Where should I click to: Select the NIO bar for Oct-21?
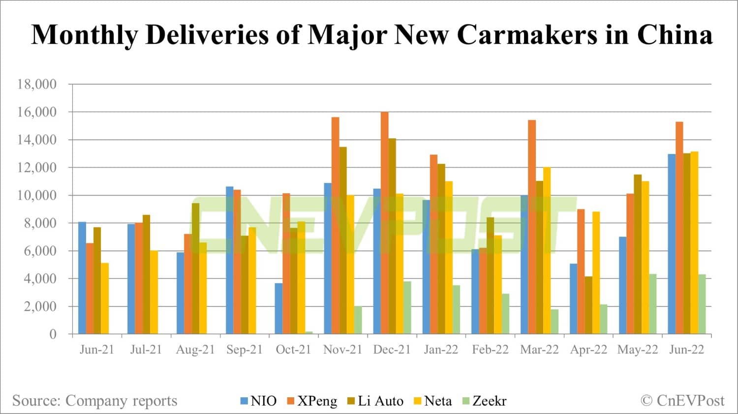[x=278, y=308]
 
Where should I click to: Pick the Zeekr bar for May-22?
[x=652, y=304]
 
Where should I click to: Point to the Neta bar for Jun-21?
[x=105, y=298]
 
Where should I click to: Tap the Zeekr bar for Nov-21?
[x=358, y=320]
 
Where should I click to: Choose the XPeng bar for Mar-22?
[x=532, y=227]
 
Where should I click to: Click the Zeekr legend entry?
[x=484, y=401]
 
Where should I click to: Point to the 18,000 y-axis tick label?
[x=37, y=84]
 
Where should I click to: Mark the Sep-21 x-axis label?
[x=245, y=350]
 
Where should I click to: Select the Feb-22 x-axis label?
[x=490, y=350]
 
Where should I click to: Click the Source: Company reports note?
[x=94, y=401]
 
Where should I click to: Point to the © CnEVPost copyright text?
[x=682, y=401]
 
